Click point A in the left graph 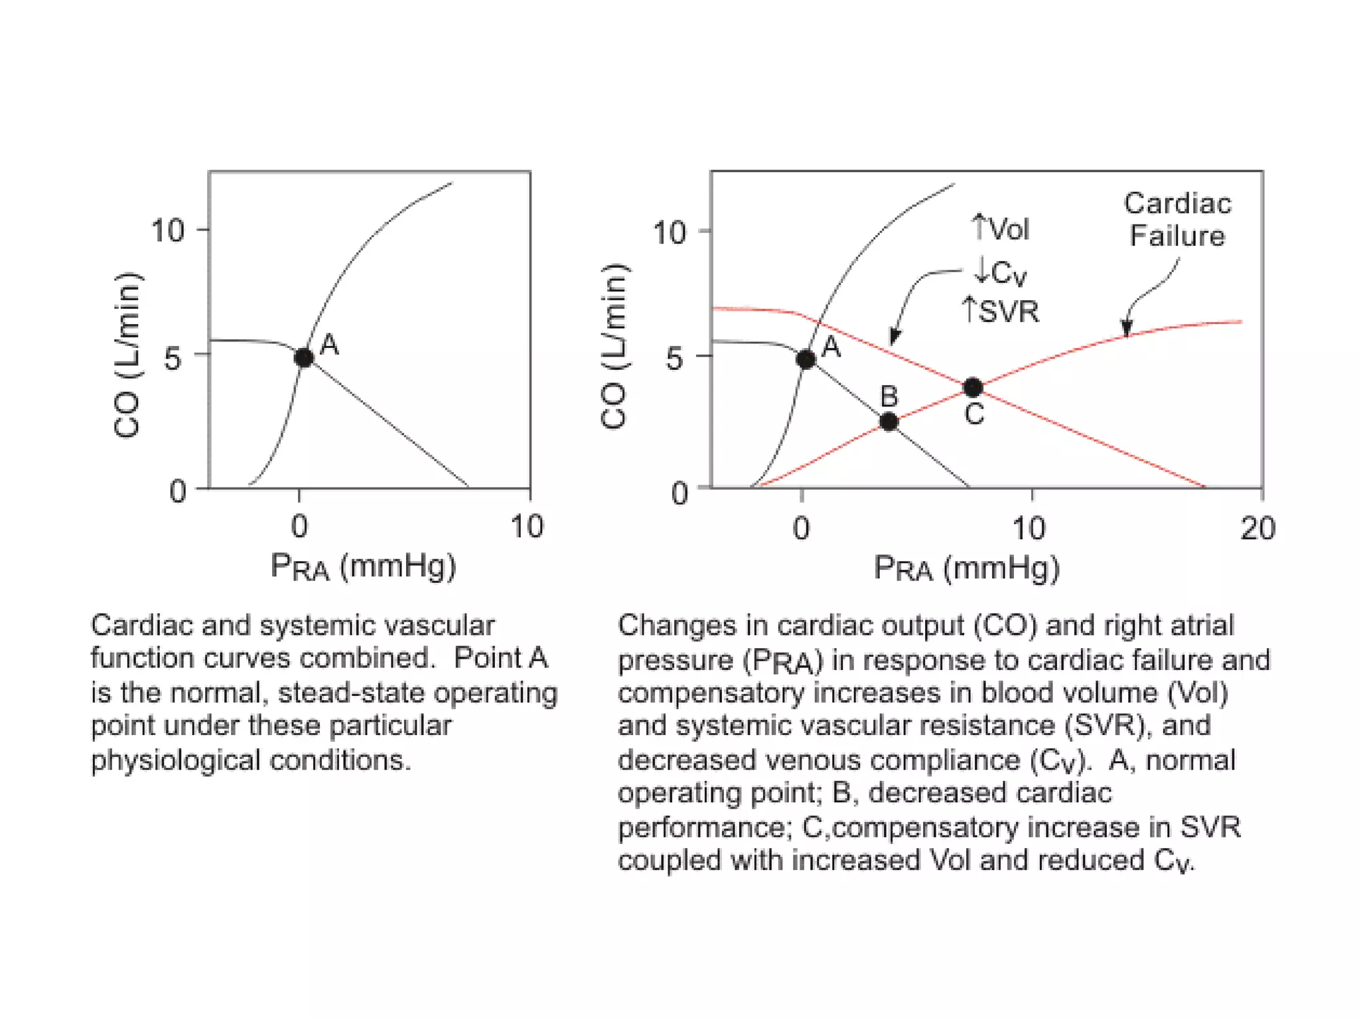tap(304, 358)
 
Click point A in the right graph tap(806, 359)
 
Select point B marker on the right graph tap(889, 422)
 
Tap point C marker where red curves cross tap(973, 387)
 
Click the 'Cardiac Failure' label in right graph tap(1177, 219)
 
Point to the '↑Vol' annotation tap(1000, 228)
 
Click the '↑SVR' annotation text tap(1000, 311)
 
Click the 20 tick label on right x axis tap(1257, 529)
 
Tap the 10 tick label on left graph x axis tap(527, 527)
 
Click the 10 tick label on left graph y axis tap(167, 231)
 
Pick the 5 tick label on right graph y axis tap(674, 359)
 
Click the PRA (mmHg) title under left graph tap(363, 567)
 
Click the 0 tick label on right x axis tap(801, 529)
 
